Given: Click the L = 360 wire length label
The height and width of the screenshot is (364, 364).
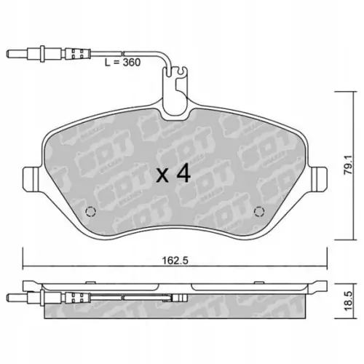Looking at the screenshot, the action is (122, 63).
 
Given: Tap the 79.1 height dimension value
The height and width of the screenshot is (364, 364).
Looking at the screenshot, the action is (349, 165).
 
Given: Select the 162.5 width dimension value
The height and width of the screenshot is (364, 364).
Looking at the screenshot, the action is (175, 261).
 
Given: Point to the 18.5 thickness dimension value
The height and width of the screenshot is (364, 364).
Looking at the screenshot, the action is (349, 301).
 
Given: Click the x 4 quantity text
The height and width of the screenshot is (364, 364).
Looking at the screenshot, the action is (173, 175).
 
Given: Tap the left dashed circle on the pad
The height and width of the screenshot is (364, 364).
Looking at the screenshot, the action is (90, 212).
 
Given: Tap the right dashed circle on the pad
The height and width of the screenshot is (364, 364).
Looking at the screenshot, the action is (259, 212).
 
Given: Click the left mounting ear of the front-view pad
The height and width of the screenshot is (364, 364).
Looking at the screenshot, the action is (31, 179).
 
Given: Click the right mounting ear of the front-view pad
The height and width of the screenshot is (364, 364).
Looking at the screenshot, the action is (318, 179).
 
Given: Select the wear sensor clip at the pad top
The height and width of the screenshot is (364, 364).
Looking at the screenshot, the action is (175, 92).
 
